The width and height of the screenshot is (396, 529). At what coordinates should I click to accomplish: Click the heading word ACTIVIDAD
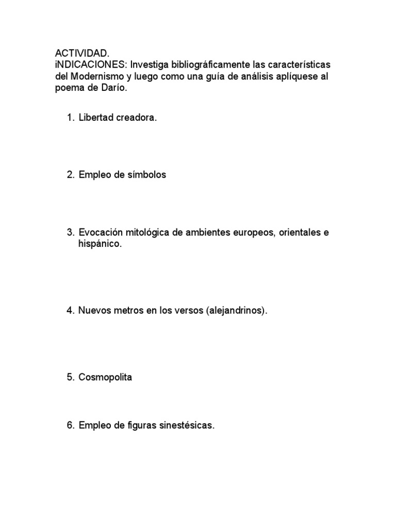pyautogui.click(x=82, y=54)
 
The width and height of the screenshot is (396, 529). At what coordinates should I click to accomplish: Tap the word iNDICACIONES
pyautogui.click(x=91, y=65)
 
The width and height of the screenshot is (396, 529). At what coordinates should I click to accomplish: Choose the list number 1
pyautogui.click(x=70, y=118)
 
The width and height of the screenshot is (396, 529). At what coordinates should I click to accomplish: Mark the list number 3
pyautogui.click(x=70, y=232)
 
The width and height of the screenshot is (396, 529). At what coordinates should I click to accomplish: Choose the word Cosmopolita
pyautogui.click(x=105, y=377)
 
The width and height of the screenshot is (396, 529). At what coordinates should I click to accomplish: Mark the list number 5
pyautogui.click(x=70, y=377)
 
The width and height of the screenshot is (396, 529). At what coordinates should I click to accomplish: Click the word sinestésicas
pyautogui.click(x=188, y=426)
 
